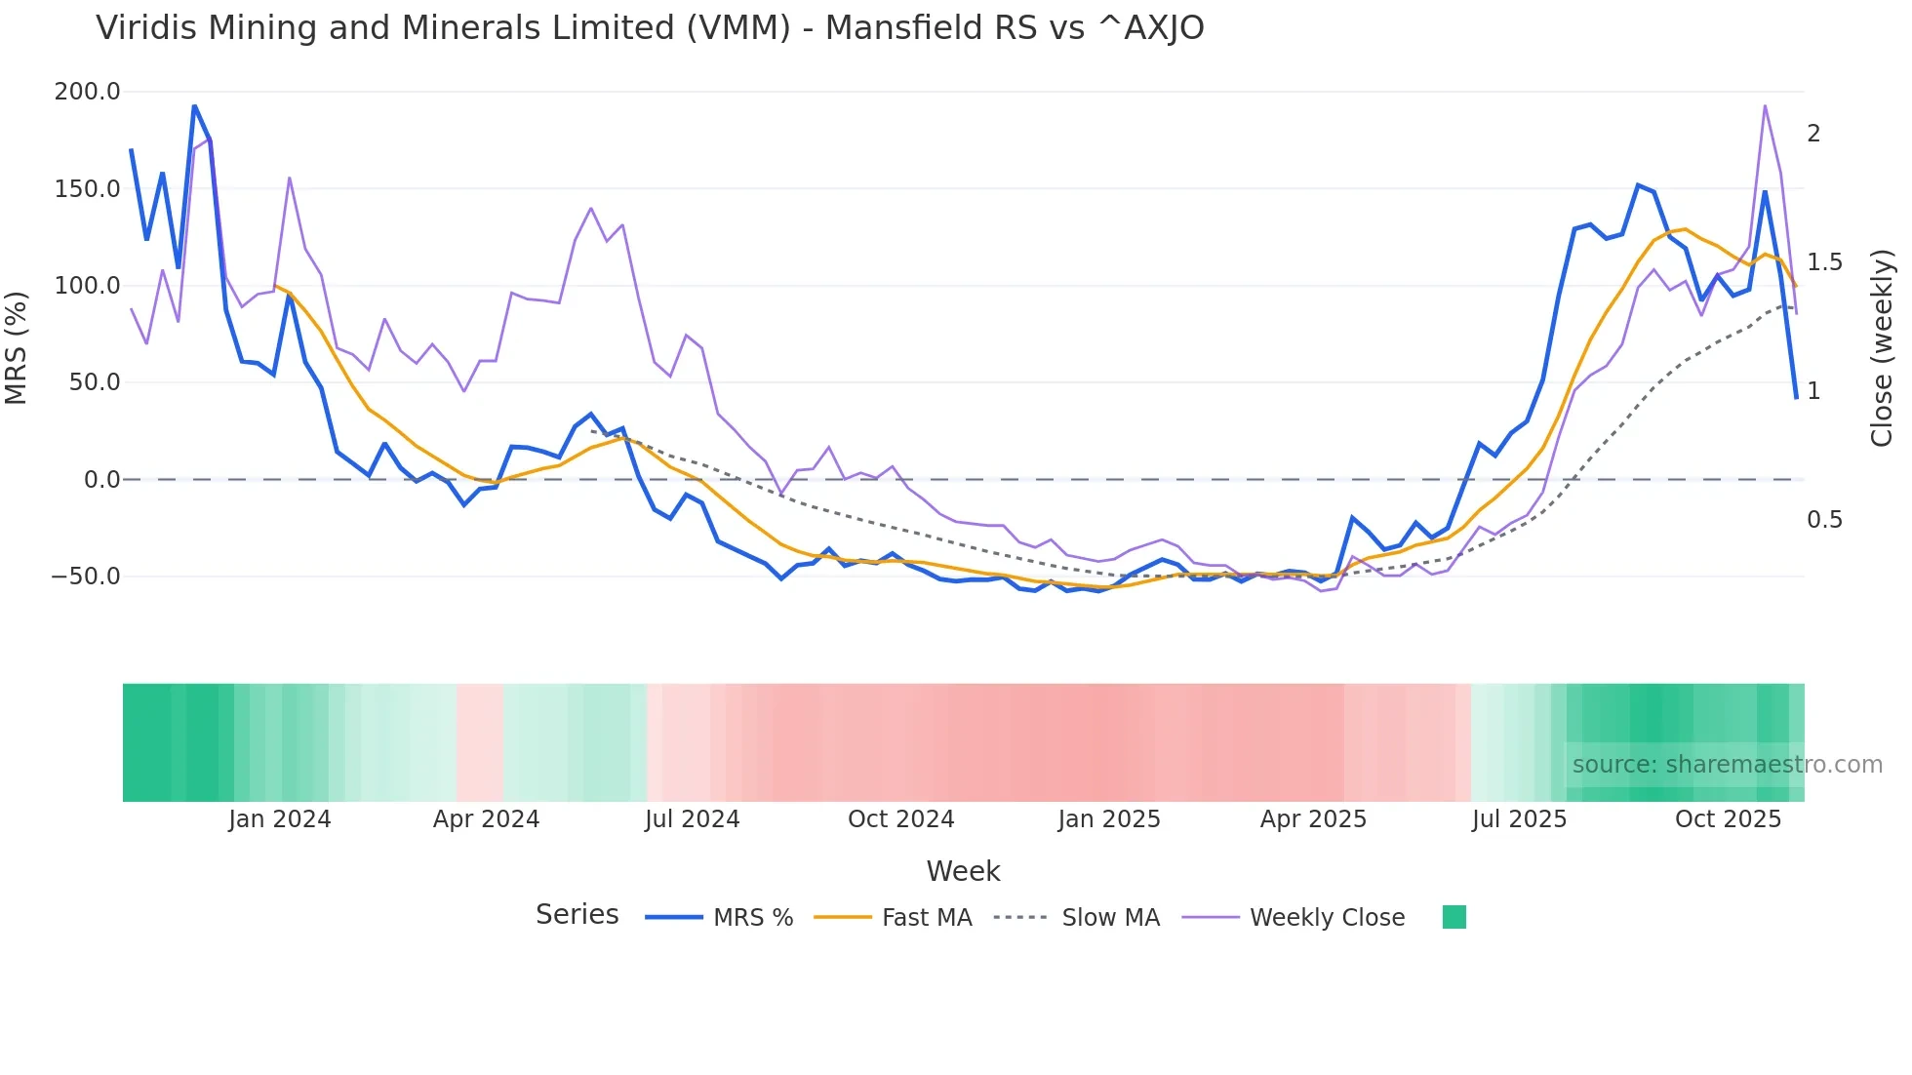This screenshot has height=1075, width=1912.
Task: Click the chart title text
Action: click(x=650, y=28)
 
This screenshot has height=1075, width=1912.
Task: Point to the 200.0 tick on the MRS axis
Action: click(x=88, y=92)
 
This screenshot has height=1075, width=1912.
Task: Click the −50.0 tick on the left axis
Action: click(x=86, y=577)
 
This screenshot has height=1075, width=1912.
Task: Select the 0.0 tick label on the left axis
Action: click(x=101, y=480)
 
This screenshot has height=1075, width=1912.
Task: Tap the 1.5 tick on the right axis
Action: click(x=1824, y=262)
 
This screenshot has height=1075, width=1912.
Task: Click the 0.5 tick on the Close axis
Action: click(x=1824, y=520)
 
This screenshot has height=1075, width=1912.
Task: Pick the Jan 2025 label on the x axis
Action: click(x=1109, y=819)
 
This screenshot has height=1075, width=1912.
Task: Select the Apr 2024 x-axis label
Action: click(x=486, y=819)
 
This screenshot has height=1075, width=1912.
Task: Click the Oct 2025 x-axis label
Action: click(x=1728, y=819)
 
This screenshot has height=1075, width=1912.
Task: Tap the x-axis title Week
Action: click(x=963, y=871)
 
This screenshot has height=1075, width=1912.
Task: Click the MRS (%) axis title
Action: click(x=17, y=347)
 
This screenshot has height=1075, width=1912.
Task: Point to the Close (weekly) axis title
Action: click(x=1882, y=347)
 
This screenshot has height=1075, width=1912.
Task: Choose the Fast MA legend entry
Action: click(x=926, y=918)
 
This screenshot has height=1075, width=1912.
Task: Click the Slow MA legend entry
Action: click(x=1110, y=918)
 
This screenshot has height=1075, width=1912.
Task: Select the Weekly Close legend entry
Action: click(x=1327, y=918)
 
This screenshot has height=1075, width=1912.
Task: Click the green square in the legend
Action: click(x=1454, y=917)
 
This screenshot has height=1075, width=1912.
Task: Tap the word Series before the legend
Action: click(x=577, y=915)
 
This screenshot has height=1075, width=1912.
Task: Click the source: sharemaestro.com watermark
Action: click(x=1727, y=765)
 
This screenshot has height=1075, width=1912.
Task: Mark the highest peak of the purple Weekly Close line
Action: click(x=1765, y=105)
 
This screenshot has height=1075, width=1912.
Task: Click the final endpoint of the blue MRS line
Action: click(x=1796, y=398)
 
